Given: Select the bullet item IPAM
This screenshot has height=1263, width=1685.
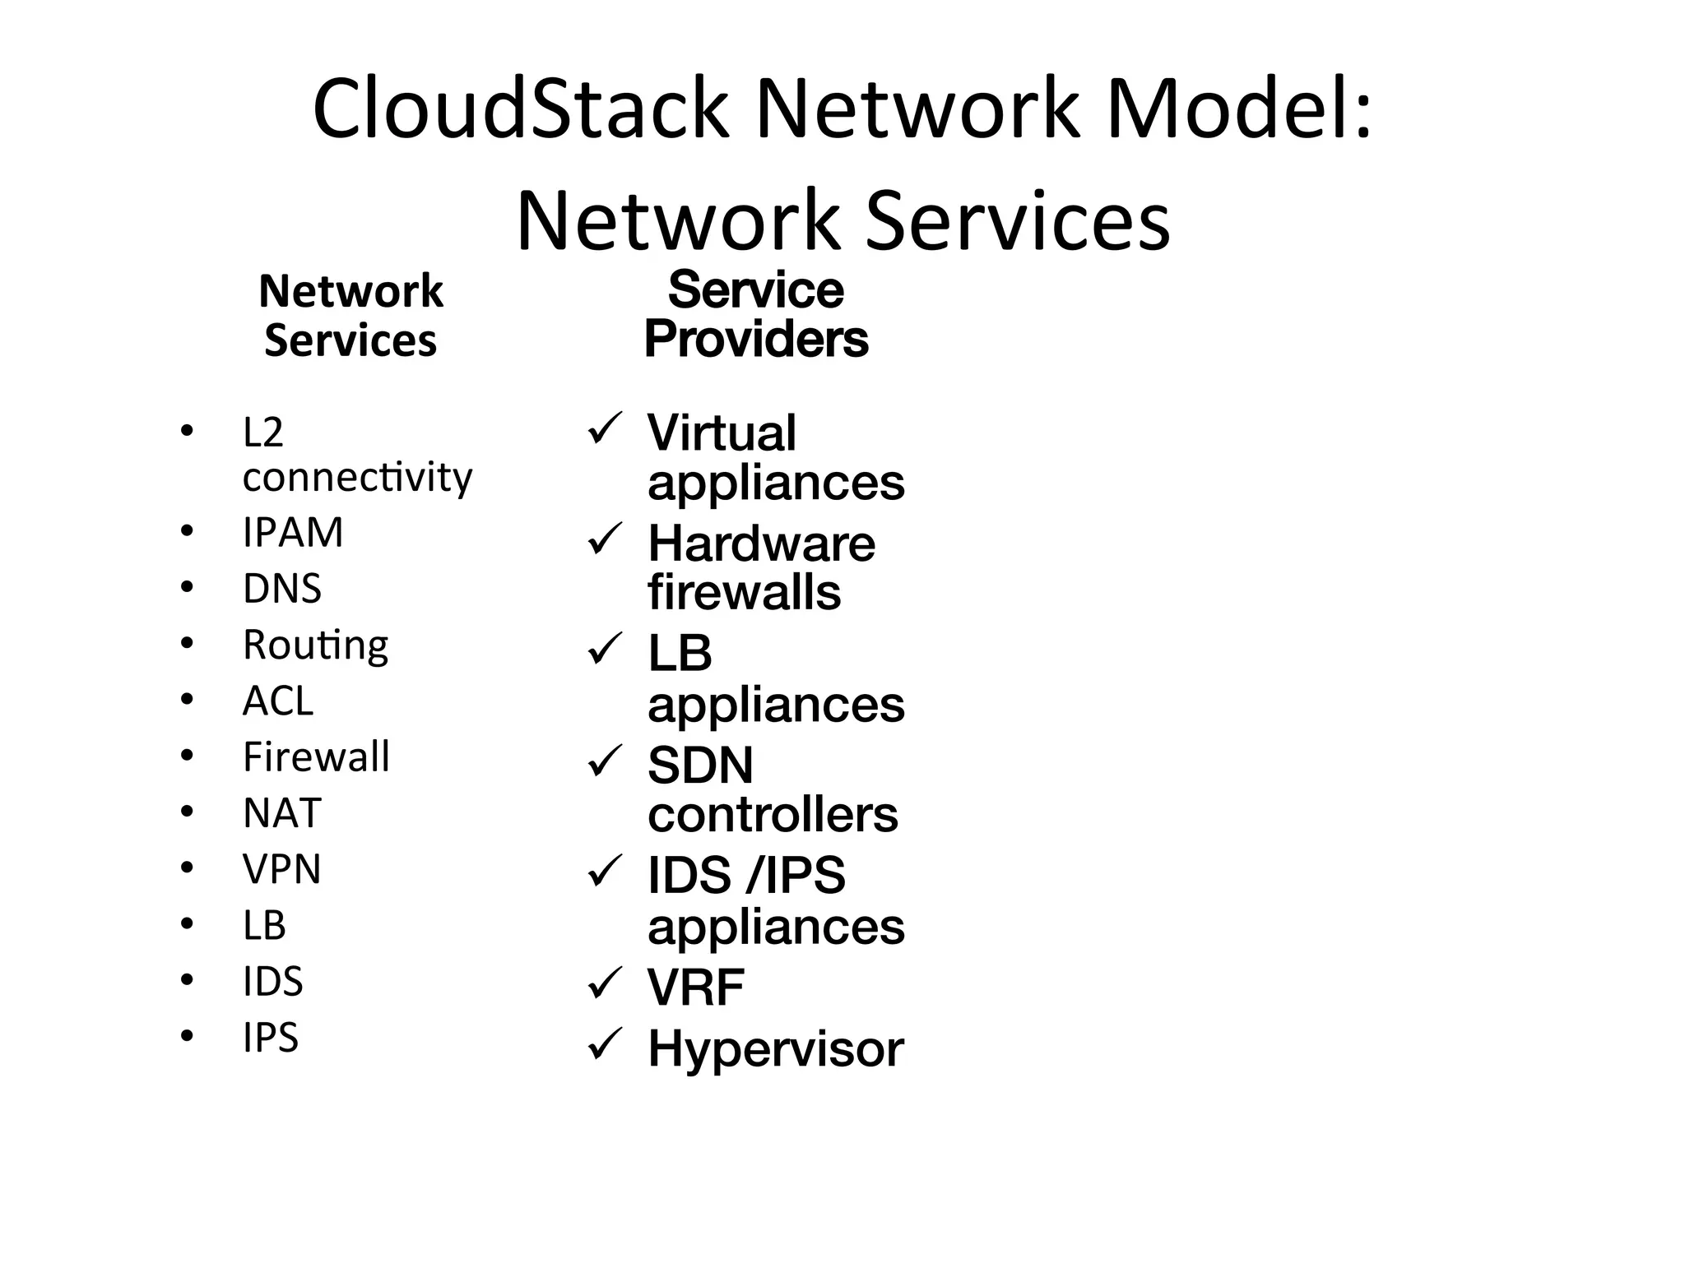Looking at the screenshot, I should (x=293, y=533).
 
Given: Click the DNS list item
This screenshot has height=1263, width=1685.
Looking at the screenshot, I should (x=282, y=589).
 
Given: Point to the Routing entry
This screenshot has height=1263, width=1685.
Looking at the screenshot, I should (x=316, y=645).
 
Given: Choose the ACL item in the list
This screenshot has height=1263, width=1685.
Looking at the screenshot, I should (x=278, y=701).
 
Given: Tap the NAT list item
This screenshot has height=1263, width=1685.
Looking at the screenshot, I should (x=282, y=813).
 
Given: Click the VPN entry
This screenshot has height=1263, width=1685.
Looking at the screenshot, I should (x=282, y=869).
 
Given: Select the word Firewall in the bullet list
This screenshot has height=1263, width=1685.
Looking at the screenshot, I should (x=317, y=757).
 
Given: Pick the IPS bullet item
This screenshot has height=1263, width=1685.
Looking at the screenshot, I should (x=271, y=1038).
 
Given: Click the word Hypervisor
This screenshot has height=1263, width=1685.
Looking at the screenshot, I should (x=776, y=1049).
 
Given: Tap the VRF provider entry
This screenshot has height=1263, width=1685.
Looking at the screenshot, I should (x=696, y=988).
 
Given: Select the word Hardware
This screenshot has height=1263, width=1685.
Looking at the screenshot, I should (x=762, y=544).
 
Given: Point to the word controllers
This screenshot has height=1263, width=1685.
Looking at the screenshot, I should (x=773, y=815).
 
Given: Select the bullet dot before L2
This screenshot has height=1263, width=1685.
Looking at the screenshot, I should (x=188, y=431).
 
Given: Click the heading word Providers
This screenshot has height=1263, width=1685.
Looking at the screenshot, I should (x=756, y=340).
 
